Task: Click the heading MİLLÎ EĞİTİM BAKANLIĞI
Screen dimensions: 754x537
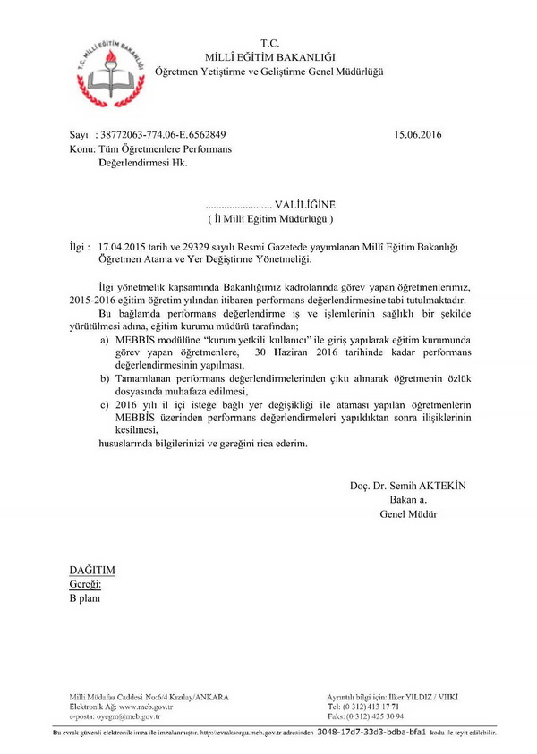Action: (x=269, y=56)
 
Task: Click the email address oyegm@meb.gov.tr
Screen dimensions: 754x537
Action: (x=127, y=716)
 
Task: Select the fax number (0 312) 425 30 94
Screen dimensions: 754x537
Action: (x=377, y=716)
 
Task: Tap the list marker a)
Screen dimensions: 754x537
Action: (x=105, y=341)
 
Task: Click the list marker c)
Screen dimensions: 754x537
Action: (x=105, y=405)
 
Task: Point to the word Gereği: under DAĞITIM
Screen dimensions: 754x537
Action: (x=86, y=583)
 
